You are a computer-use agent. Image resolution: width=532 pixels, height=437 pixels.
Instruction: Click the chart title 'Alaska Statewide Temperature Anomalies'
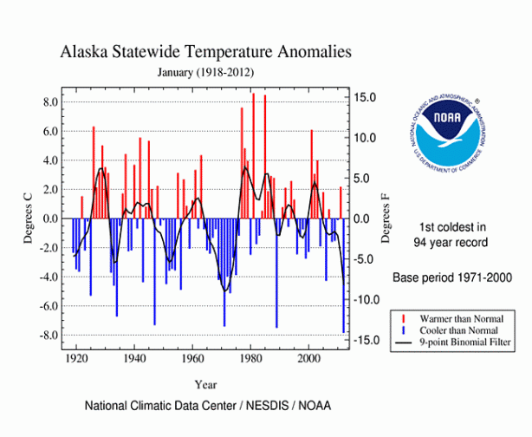[205, 52]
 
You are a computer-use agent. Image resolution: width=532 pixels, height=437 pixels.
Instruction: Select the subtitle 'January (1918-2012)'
[205, 71]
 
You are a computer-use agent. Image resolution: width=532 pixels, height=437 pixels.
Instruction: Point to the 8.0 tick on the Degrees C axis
[49, 102]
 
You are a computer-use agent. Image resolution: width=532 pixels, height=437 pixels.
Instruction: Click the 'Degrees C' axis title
[28, 218]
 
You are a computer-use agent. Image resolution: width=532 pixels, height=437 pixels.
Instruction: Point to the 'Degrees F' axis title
[386, 218]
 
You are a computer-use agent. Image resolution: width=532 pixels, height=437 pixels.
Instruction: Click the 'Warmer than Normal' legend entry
[465, 318]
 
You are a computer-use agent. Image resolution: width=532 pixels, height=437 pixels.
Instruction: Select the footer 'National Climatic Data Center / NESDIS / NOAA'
[207, 406]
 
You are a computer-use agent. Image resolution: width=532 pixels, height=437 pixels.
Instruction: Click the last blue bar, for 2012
[343, 277]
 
